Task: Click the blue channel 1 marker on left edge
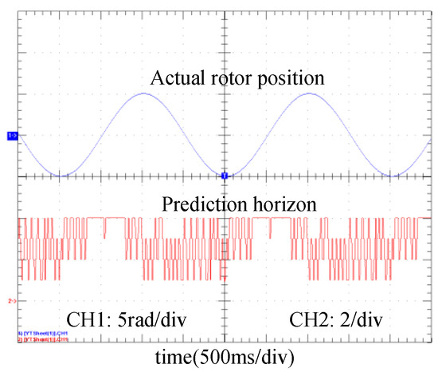(x=12, y=137)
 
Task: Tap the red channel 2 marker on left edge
(x=12, y=301)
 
